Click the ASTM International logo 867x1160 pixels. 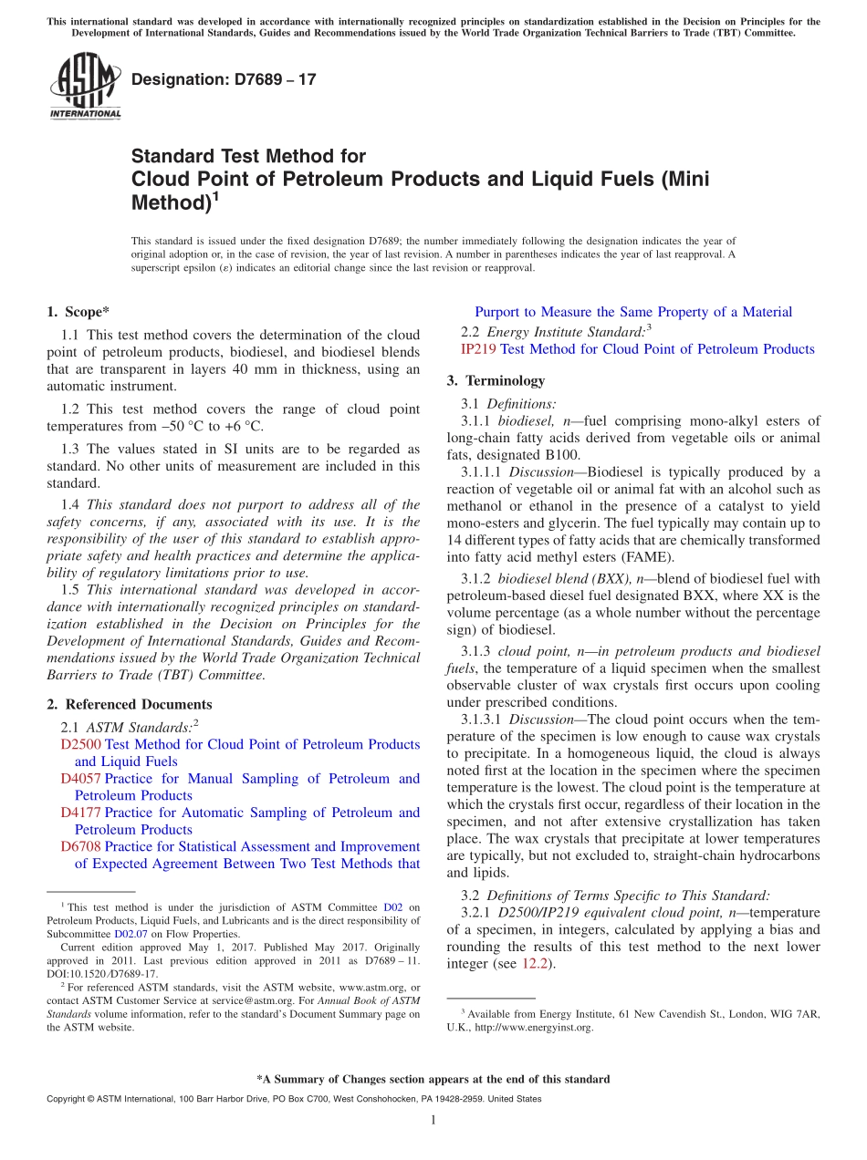(x=84, y=87)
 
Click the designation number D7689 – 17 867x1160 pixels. (x=224, y=79)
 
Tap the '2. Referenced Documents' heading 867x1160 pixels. (x=129, y=704)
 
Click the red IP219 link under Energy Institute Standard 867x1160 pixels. (x=478, y=348)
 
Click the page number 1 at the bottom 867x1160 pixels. (x=433, y=1120)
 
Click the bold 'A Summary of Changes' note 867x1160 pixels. (x=433, y=1079)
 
